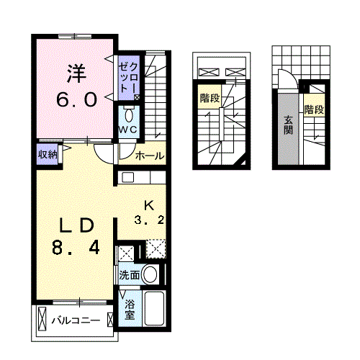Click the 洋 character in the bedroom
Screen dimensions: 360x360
(76, 73)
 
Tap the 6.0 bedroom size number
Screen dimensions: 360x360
(77, 100)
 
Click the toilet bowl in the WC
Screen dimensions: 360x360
(129, 116)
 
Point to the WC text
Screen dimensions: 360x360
(128, 130)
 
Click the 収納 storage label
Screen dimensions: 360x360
(48, 154)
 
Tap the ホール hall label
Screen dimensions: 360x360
(150, 156)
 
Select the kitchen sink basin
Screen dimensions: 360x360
(127, 178)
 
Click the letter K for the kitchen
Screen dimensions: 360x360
(149, 206)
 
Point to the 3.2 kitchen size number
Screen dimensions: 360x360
(149, 220)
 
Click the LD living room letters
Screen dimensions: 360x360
(76, 225)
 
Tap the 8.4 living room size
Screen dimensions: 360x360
(76, 248)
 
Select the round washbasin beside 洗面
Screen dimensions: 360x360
(150, 274)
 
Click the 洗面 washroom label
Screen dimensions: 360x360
(130, 275)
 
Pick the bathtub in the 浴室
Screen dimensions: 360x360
(154, 308)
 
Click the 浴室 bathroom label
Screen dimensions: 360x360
(130, 310)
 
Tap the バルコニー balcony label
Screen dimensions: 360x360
(76, 320)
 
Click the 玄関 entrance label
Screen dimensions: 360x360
(288, 125)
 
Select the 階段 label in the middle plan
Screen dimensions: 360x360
(210, 98)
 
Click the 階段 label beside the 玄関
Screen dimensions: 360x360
(314, 109)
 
